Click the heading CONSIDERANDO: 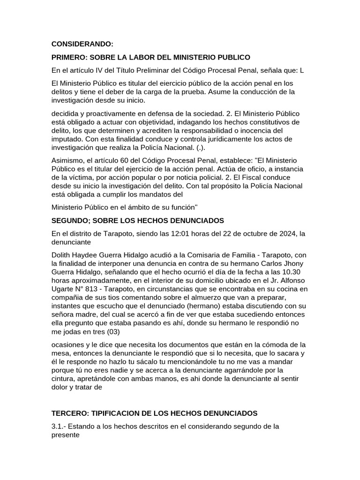click(82, 44)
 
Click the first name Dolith click(62, 255)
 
